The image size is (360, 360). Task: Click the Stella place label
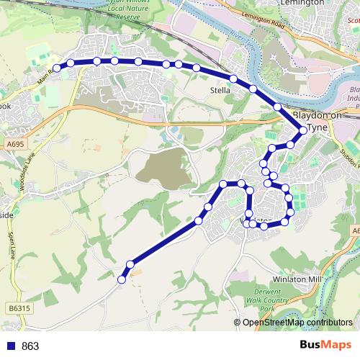click(220, 91)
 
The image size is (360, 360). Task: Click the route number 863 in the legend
click(30, 346)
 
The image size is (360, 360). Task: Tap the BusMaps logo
click(325, 345)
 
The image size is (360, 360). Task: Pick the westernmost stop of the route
click(57, 68)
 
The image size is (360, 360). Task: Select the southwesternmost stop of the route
click(122, 279)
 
